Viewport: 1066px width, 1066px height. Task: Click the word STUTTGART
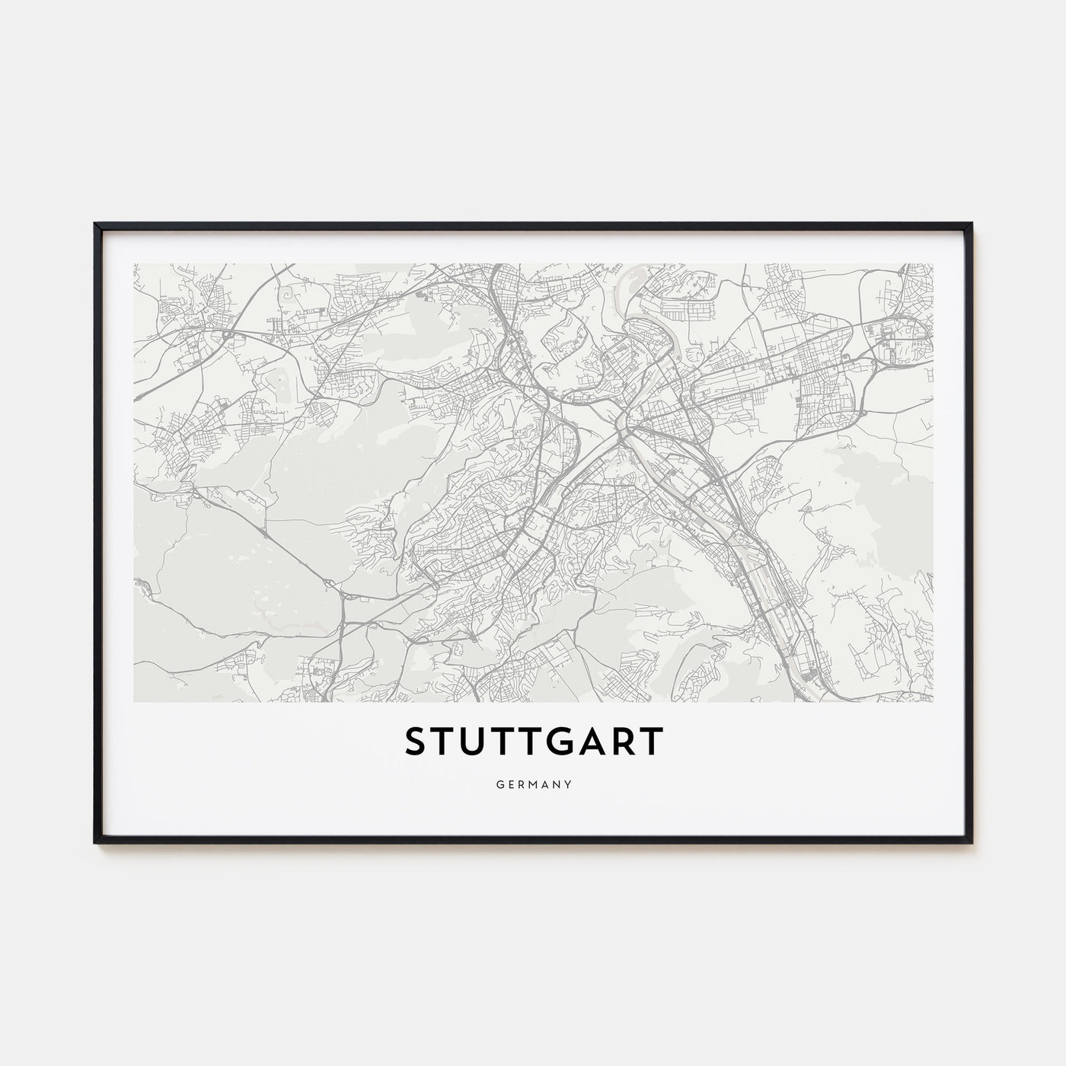[x=533, y=742]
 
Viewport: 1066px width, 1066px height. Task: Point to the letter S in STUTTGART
[x=416, y=742]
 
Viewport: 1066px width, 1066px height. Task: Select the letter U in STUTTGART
[x=473, y=742]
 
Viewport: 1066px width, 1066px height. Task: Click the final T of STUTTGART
[x=653, y=742]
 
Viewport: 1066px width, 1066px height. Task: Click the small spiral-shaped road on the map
[x=288, y=293]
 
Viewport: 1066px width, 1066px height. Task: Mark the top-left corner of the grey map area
[x=134, y=264]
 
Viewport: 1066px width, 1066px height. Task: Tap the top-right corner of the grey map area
[x=933, y=264]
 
